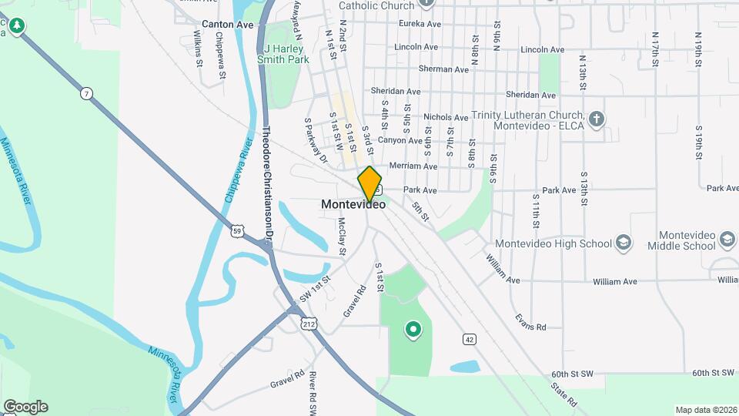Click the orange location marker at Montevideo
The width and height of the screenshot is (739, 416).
pos(369,183)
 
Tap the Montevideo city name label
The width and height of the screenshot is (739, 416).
pos(353,205)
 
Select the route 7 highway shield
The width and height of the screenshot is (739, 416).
pos(87,93)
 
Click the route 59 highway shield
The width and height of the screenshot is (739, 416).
pos(238,230)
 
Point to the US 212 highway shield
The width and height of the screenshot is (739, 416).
pos(309,324)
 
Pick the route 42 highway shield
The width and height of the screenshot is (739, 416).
pos(469,338)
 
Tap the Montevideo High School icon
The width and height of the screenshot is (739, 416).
pos(624,243)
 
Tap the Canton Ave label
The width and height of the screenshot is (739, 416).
pos(227,25)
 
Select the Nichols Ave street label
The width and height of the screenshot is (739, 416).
pos(446,118)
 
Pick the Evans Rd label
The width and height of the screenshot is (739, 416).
pos(530,327)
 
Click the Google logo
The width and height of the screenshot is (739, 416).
pos(25,406)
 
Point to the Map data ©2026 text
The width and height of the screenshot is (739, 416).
pos(705,410)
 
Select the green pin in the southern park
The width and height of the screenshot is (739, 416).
pos(413,330)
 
